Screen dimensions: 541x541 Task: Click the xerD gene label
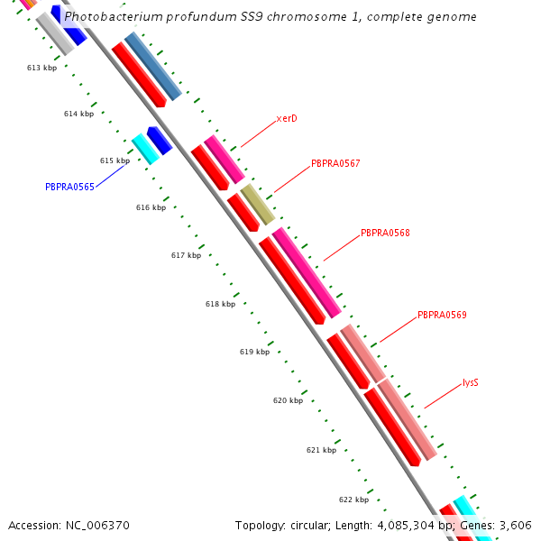pos(287,118)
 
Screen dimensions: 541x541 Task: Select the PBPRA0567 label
pos(335,163)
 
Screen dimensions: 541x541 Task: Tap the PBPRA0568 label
pos(385,233)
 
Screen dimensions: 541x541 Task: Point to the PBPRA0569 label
pos(442,315)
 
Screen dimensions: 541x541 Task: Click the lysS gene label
pos(470,382)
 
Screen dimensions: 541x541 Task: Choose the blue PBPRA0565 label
pos(69,187)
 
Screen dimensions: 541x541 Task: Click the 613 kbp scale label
pos(41,68)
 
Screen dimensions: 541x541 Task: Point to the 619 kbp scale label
pos(254,352)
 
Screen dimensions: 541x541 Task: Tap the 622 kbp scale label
pos(353,500)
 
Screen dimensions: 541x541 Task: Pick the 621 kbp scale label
pos(321,450)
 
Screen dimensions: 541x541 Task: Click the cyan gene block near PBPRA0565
pos(145,149)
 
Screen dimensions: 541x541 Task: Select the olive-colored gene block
pos(257,204)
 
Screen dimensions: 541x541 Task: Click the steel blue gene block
pos(152,66)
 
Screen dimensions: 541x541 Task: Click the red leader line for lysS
pos(443,395)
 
